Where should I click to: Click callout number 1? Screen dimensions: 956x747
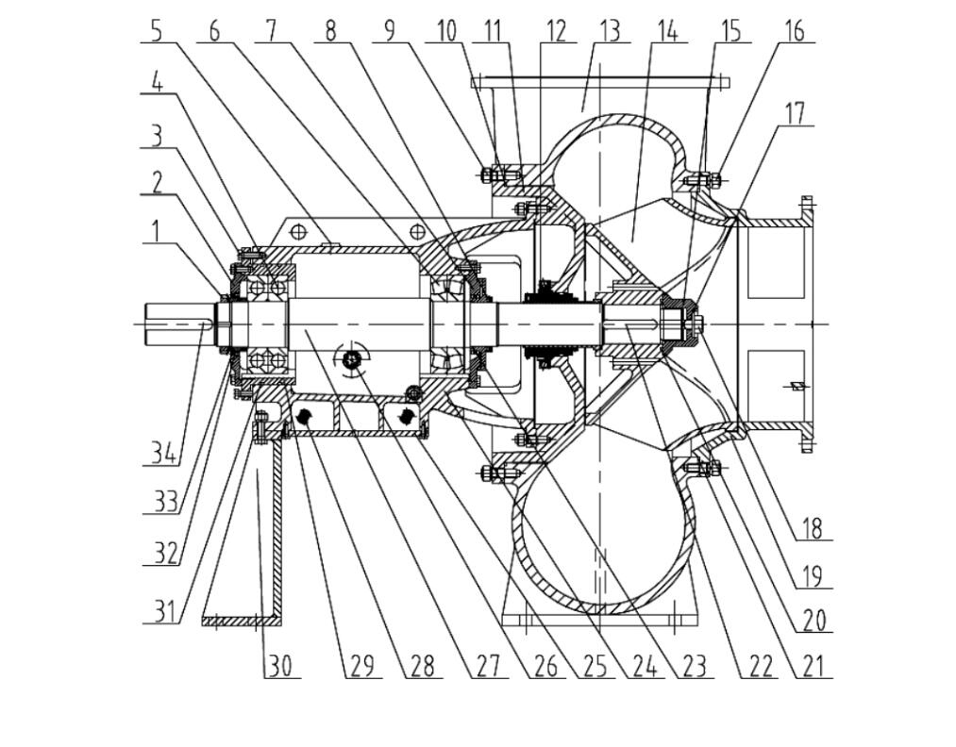pyautogui.click(x=156, y=231)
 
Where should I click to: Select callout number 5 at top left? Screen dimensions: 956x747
pyautogui.click(x=157, y=30)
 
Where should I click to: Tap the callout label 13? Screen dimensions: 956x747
pyautogui.click(x=609, y=30)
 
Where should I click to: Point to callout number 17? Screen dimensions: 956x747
pyautogui.click(x=796, y=113)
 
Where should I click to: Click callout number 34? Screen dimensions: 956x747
pyautogui.click(x=163, y=454)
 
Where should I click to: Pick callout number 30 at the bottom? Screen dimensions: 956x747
pyautogui.click(x=281, y=666)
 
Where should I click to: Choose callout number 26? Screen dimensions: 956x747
pyautogui.click(x=545, y=666)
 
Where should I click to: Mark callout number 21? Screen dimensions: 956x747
pyautogui.click(x=813, y=666)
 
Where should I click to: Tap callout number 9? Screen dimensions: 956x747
pyautogui.click(x=389, y=30)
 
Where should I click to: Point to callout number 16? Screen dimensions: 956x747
pyautogui.click(x=795, y=30)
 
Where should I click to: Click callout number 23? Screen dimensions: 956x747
pyautogui.click(x=694, y=666)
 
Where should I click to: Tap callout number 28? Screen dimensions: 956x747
pyautogui.click(x=421, y=666)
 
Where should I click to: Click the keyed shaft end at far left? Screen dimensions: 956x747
pyautogui.click(x=179, y=324)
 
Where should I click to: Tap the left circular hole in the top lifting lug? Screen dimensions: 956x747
pyautogui.click(x=298, y=231)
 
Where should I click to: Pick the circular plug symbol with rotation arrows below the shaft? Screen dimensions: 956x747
pyautogui.click(x=353, y=359)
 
